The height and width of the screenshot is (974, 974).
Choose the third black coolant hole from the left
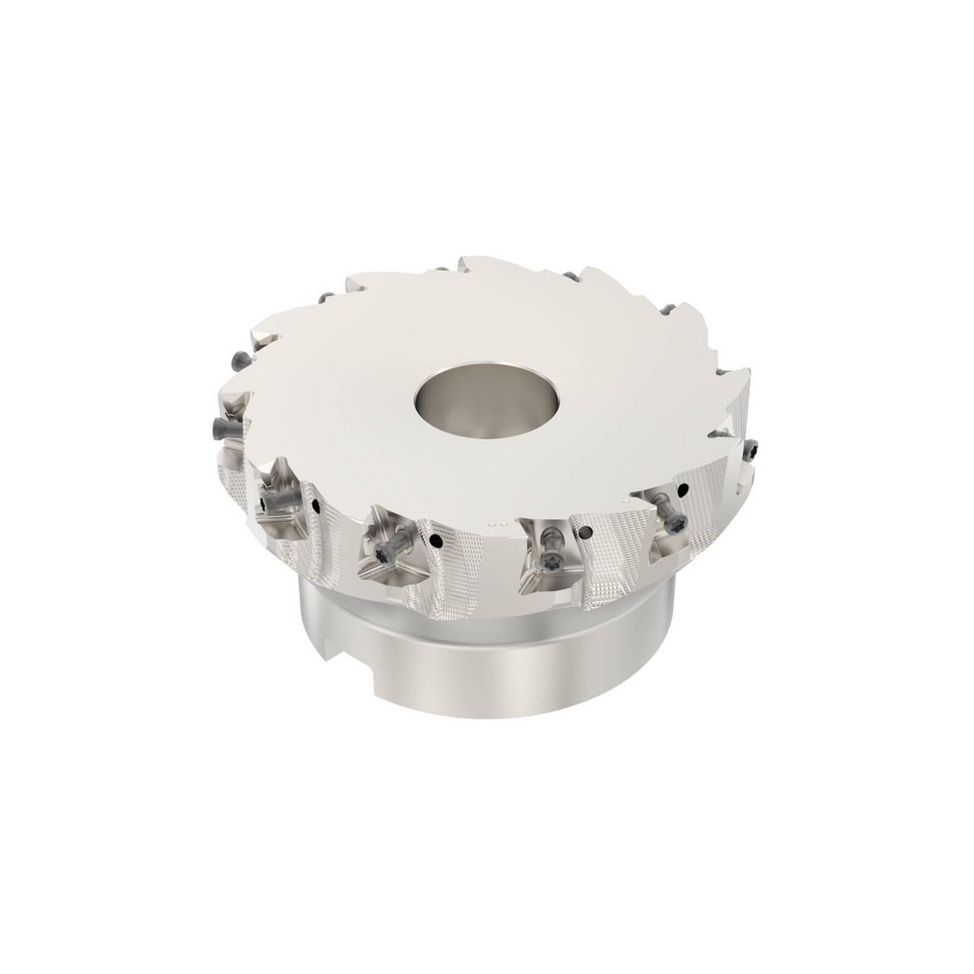pos(586,531)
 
